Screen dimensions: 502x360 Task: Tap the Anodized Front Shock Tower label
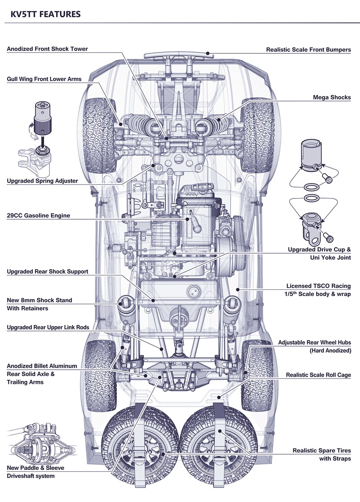pos(47,49)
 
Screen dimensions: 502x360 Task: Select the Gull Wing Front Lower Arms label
pos(44,79)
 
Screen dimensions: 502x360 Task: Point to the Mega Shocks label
pos(332,97)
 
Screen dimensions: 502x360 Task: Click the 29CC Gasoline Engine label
pos(38,216)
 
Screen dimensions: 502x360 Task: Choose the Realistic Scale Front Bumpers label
pos(308,50)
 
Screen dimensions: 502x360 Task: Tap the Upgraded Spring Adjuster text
pos(42,181)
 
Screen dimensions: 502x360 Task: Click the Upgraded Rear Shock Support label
pos(47,271)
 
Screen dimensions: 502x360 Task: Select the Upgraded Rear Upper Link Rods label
pos(48,327)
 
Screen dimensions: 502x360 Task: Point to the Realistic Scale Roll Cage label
pos(318,375)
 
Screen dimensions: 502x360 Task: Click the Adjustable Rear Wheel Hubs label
pos(315,342)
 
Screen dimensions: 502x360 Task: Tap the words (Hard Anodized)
pos(330,351)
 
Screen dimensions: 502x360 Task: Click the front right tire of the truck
pos(258,135)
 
